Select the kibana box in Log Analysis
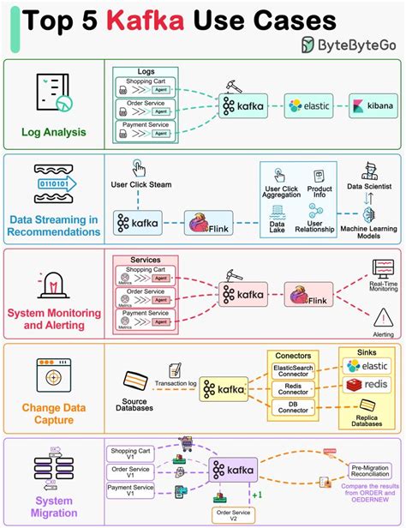[373, 105]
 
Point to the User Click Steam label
[142, 184]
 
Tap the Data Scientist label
[369, 184]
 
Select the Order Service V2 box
[235, 513]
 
